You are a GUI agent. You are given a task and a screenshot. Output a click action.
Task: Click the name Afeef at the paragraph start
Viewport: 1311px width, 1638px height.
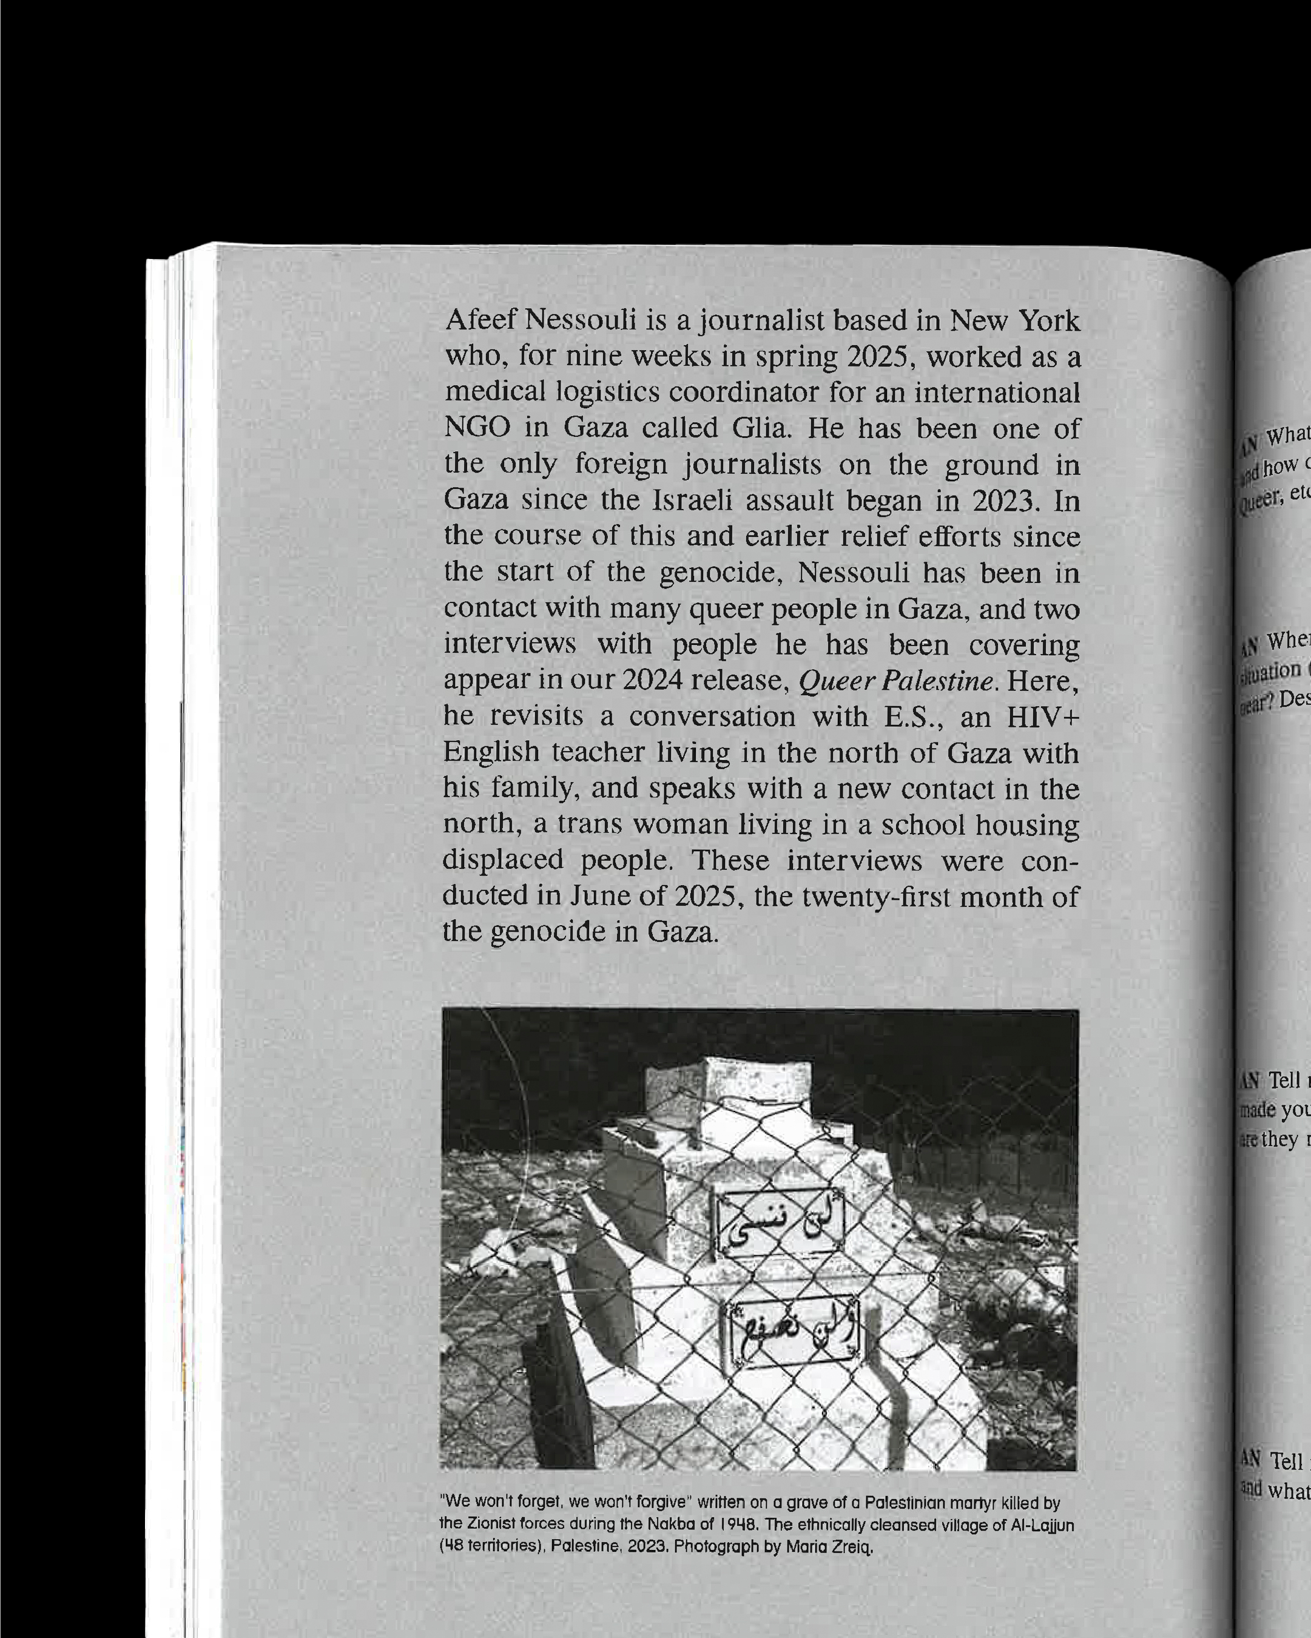[x=480, y=320]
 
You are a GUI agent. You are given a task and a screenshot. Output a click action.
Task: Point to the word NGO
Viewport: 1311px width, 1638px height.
[x=476, y=428]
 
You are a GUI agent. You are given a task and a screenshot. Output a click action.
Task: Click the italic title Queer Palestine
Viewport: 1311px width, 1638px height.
[x=895, y=681]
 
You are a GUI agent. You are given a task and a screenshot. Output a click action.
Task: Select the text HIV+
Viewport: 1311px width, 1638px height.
[x=1043, y=716]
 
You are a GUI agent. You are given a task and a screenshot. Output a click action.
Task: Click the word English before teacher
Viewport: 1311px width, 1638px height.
[x=491, y=752]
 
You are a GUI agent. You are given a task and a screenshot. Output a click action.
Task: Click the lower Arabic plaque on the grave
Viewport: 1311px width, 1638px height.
[x=794, y=1332]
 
